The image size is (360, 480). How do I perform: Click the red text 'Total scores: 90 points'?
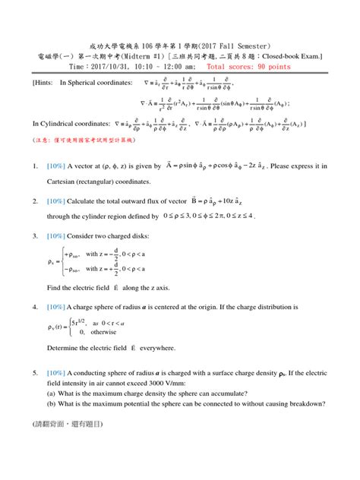248,67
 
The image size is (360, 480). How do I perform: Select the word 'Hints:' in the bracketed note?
41,81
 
